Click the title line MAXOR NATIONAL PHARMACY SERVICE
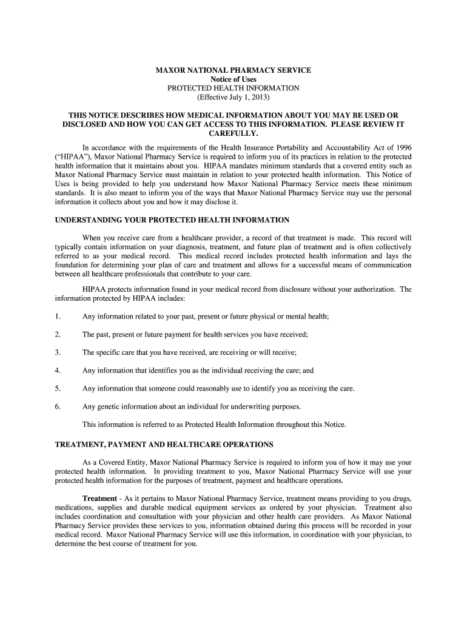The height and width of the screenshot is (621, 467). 233,70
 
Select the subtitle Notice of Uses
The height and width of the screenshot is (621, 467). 233,79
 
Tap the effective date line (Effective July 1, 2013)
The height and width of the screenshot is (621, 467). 233,97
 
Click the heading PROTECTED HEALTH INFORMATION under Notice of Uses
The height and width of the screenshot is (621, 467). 233,88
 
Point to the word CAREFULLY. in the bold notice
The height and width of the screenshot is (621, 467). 233,133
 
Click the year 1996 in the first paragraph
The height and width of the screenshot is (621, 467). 403,147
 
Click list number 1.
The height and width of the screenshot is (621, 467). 58,316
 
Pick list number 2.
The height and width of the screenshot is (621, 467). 58,334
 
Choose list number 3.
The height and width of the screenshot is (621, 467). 58,352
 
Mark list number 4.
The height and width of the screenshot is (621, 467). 58,370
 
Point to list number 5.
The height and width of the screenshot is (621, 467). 58,388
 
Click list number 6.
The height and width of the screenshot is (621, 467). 58,406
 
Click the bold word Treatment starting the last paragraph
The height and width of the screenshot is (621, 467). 99,498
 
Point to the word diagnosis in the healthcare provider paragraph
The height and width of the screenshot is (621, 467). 190,247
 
